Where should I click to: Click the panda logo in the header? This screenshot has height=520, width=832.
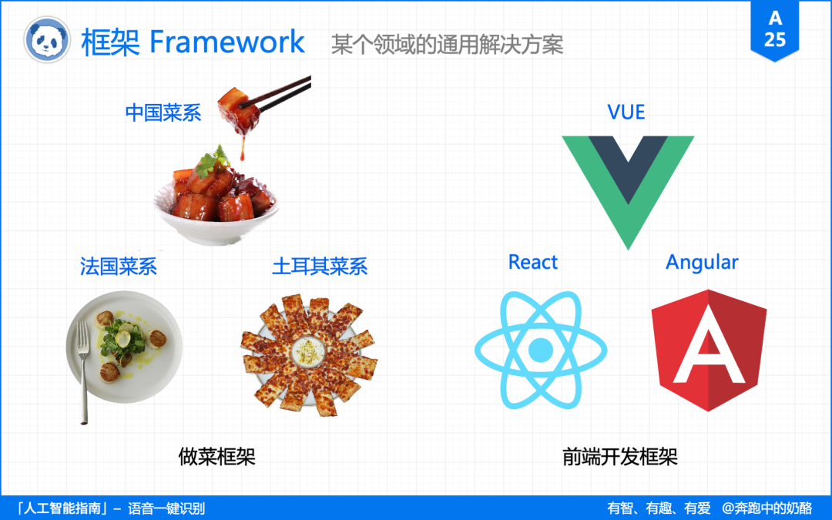47,40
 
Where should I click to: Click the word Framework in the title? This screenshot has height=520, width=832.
227,42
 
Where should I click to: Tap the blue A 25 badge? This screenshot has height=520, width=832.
775,30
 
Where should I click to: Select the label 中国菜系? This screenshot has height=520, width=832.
163,112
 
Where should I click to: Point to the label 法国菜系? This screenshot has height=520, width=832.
119,267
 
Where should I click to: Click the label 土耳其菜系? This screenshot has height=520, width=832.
320,267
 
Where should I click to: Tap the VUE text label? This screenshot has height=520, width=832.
626,112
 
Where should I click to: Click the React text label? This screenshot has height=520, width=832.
533,262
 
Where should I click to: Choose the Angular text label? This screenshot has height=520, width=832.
702,263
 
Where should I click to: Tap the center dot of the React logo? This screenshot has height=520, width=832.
541,351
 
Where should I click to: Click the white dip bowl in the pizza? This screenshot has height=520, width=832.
308,351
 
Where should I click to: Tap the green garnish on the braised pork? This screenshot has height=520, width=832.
212,161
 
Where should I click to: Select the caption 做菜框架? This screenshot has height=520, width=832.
216,456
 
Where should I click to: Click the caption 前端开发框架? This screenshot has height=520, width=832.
619,456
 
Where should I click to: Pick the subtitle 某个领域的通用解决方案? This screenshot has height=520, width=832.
448,44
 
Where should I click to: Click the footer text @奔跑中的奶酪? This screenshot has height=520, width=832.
767,508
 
